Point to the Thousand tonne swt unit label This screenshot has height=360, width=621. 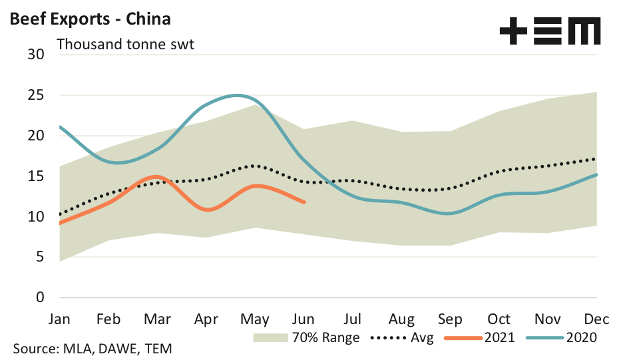point(125,45)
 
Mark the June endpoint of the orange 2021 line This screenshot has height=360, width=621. point(304,202)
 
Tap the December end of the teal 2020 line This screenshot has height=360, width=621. point(596,174)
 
